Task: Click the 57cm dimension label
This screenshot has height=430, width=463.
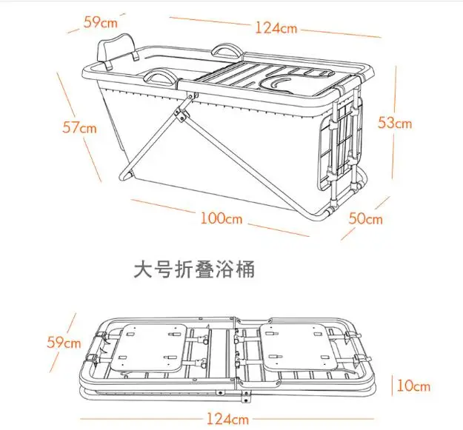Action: (79, 127)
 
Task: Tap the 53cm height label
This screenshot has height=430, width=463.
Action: (395, 122)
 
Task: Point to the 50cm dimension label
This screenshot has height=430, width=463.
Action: (365, 218)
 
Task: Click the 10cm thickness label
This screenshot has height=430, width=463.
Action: (412, 386)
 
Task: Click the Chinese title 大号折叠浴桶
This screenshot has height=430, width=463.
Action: (194, 270)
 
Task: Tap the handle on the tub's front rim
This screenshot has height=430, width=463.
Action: (162, 75)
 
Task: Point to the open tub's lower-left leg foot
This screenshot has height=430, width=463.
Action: (124, 176)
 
